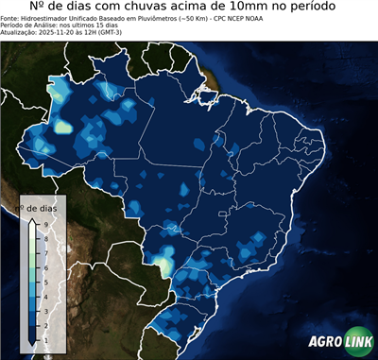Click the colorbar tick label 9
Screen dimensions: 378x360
45,223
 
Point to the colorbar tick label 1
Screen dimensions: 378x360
45,338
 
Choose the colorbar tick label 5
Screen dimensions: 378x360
45,281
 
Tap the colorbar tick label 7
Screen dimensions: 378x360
45,251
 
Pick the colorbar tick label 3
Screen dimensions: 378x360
45,310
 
